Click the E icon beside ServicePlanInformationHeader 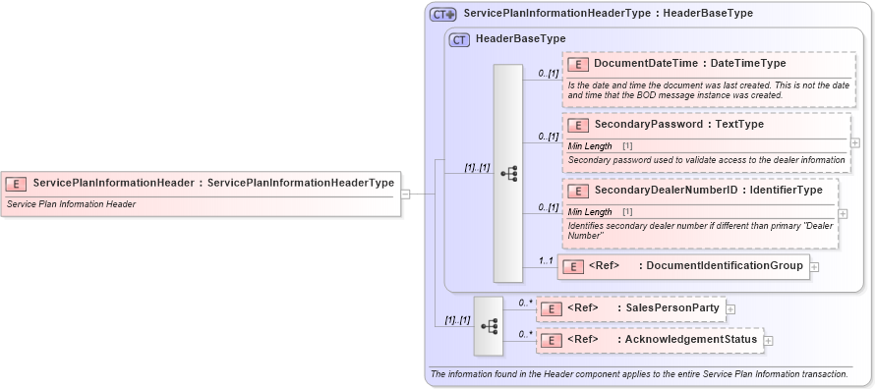[17, 183]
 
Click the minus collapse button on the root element [405, 194]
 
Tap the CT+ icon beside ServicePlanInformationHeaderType [443, 15]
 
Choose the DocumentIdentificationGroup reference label [721, 265]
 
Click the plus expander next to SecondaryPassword [855, 142]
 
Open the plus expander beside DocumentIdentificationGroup [815, 266]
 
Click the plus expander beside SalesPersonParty [730, 309]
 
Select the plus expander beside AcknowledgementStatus [769, 341]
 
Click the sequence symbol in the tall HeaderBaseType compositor [508, 174]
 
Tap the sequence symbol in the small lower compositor [488, 325]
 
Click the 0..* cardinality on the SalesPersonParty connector [525, 303]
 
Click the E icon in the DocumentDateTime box [578, 64]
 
